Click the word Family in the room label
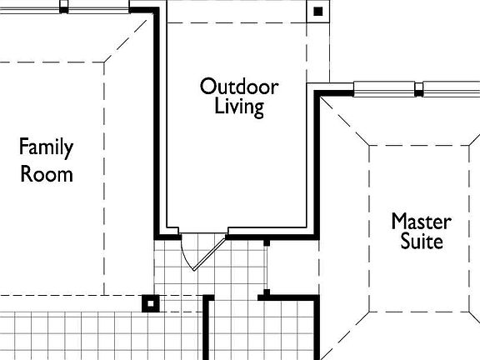point(47,148)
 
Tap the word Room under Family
point(47,174)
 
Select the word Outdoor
point(239,86)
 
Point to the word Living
point(239,107)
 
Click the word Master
point(421,222)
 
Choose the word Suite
point(421,242)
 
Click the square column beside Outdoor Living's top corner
point(317,12)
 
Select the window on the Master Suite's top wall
point(387,88)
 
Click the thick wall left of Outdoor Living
point(156,125)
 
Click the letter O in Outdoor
point(207,86)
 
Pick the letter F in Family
point(25,147)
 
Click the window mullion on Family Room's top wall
point(64,7)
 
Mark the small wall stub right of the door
point(266,243)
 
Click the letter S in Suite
point(404,242)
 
